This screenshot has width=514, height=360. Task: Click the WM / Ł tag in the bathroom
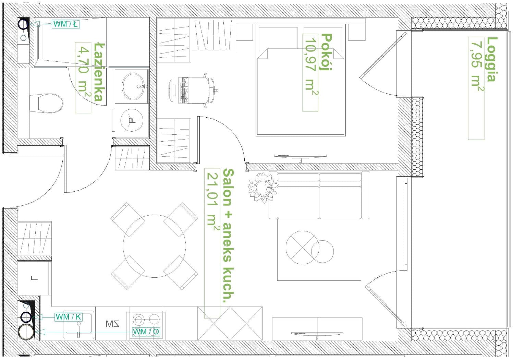pyautogui.click(x=66, y=24)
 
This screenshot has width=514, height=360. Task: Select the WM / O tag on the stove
pyautogui.click(x=146, y=332)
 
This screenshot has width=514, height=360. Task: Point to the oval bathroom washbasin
pyautogui.click(x=134, y=86)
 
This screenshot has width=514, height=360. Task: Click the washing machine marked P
pyautogui.click(x=132, y=120)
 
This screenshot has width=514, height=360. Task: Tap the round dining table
pyautogui.click(x=154, y=246)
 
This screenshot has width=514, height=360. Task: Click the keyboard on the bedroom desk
pyautogui.click(x=184, y=90)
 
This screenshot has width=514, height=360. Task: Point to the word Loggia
pyautogui.click(x=492, y=59)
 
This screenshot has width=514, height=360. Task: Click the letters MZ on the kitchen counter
pyautogui.click(x=112, y=324)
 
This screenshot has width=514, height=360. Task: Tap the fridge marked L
pyautogui.click(x=34, y=278)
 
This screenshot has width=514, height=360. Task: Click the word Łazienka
pyautogui.click(x=99, y=72)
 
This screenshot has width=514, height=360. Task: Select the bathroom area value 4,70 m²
pyautogui.click(x=84, y=72)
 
